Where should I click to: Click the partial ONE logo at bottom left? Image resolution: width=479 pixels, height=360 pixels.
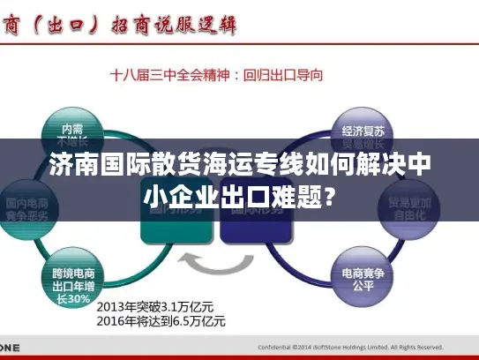pos(11,346)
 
